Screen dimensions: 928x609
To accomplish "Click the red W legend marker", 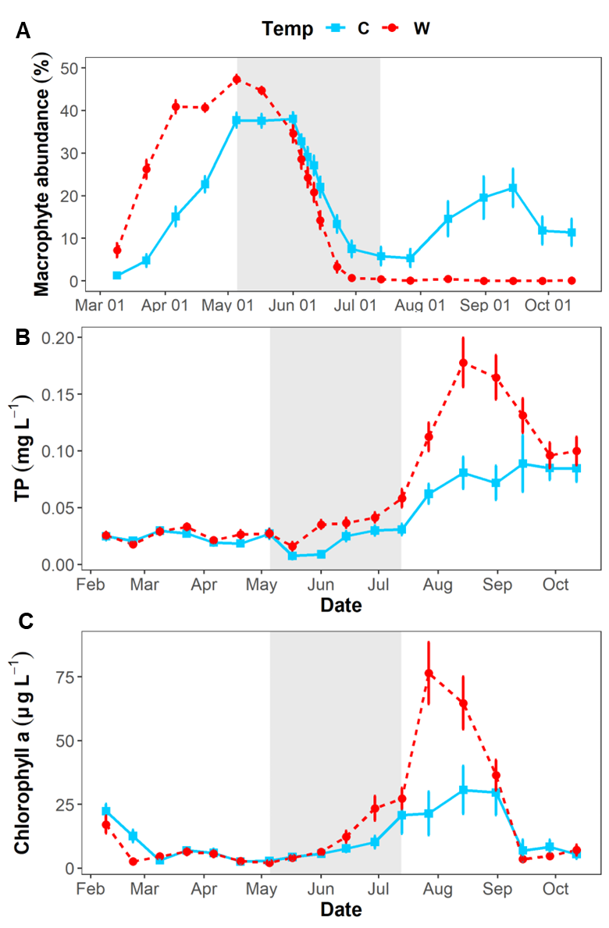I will coord(391,29).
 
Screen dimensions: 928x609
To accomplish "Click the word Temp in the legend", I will coord(287,30).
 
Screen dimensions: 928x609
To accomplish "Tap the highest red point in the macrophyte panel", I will coord(237,79).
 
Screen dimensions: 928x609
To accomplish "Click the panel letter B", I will coord(23,338).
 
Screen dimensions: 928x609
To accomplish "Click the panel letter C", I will coord(24,621).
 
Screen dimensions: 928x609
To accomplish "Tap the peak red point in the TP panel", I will coord(463,362).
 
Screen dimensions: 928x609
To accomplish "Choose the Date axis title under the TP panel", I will coord(341,605).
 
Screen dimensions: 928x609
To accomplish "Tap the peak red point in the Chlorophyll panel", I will coord(429,673).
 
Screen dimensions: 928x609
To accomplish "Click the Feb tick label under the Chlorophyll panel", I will coord(91,889).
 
